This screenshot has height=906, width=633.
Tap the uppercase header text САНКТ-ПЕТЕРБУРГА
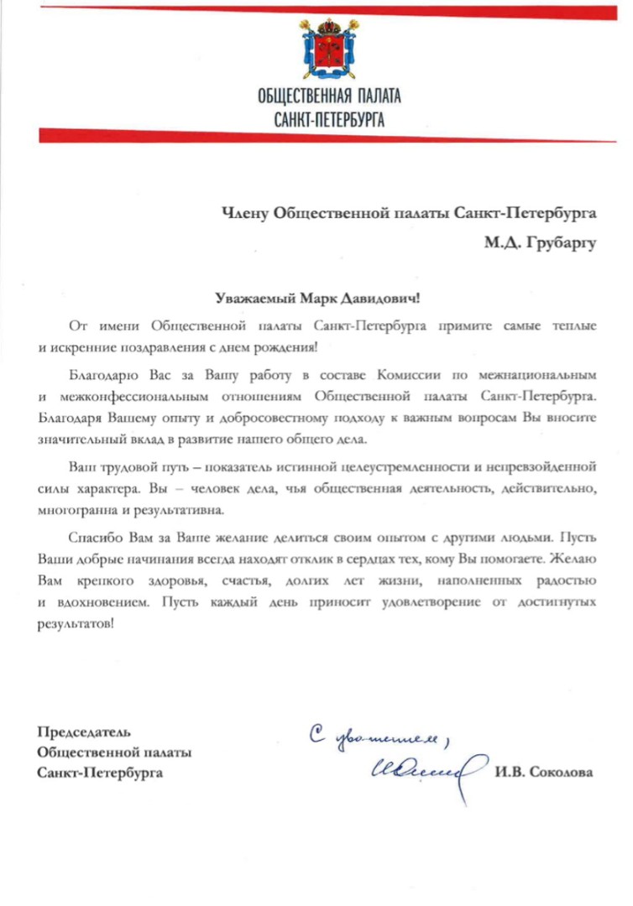click(329, 120)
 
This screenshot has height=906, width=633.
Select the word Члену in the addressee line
click(244, 213)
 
